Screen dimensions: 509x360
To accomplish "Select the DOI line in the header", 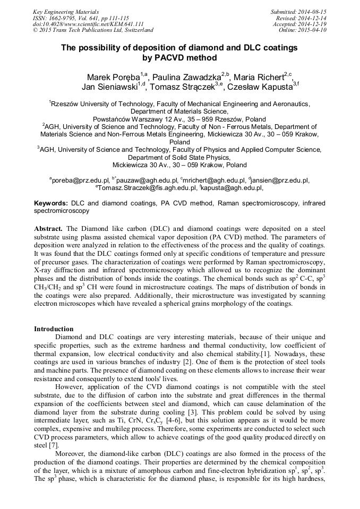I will pyautogui.click(x=88, y=24).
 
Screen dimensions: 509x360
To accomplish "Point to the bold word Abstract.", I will pyautogui.click(x=48, y=228).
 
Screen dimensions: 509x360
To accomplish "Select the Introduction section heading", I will pyautogui.click(x=54, y=329).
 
